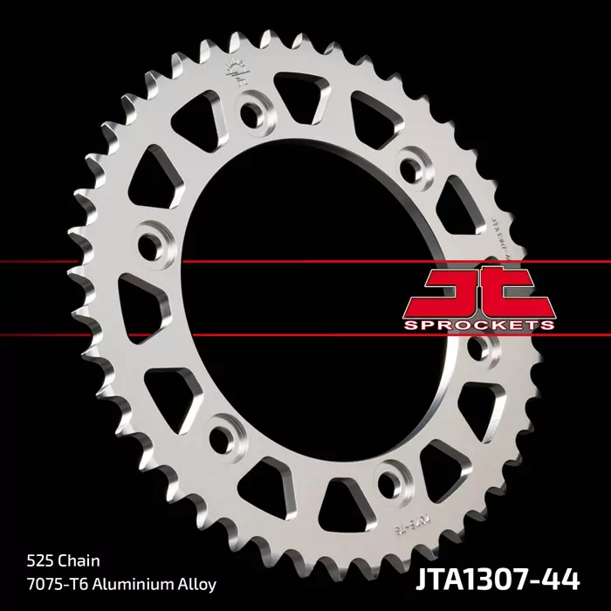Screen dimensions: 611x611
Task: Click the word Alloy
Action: click(x=194, y=582)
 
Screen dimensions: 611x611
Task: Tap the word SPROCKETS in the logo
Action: click(x=479, y=325)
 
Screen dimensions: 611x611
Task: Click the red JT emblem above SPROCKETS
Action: click(x=479, y=292)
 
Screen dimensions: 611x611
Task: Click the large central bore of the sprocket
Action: click(x=323, y=297)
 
